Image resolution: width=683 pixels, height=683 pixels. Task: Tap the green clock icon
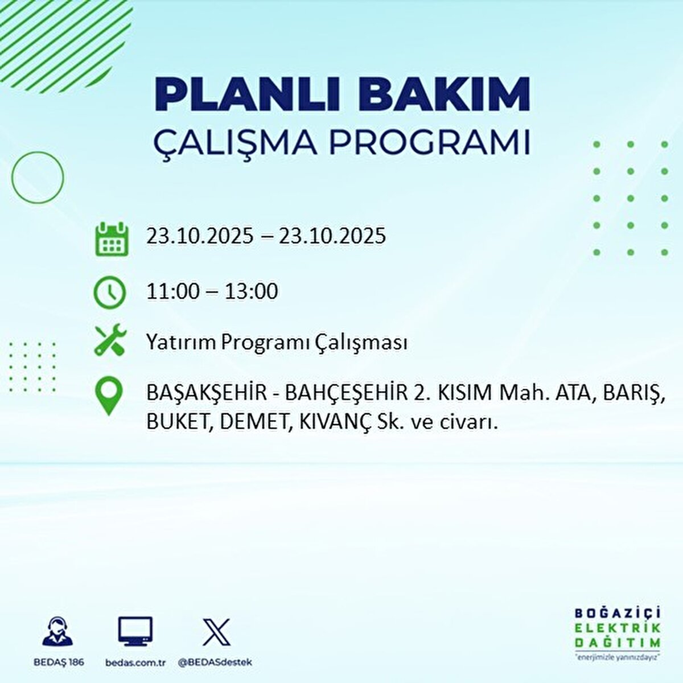[x=109, y=293]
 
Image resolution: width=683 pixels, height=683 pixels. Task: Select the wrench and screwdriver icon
[x=109, y=340]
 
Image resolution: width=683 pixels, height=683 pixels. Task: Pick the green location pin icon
[x=109, y=396]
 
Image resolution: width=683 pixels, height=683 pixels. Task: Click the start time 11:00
[x=173, y=292]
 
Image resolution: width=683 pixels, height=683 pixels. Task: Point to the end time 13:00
[x=251, y=292]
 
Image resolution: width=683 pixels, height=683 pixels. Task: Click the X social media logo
[x=216, y=632]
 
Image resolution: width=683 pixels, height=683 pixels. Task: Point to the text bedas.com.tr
[x=135, y=663]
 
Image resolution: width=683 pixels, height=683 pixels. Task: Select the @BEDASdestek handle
[x=215, y=663]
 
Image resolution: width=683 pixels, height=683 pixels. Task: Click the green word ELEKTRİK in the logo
[x=618, y=628]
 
